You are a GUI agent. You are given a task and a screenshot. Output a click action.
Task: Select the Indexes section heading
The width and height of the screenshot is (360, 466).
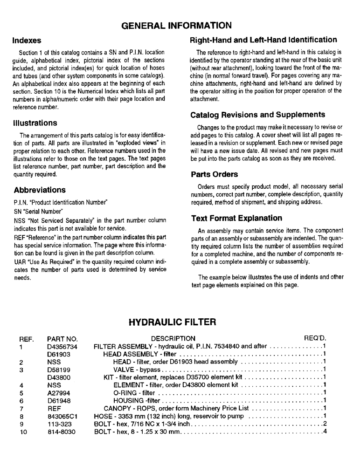pos(28,41)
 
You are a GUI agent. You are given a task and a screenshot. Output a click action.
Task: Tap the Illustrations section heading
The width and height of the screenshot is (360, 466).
pos(35,123)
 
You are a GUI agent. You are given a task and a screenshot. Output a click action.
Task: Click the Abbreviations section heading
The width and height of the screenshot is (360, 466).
pos(40,190)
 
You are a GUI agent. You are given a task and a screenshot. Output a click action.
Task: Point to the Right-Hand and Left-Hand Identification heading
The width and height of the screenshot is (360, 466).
pos(264,40)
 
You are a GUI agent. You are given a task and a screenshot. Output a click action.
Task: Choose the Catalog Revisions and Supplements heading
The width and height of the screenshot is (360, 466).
pos(258,115)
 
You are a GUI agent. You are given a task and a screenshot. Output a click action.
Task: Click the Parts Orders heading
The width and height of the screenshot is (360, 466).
pos(215,174)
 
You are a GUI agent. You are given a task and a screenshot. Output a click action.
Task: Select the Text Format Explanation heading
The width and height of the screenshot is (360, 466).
pos(236,218)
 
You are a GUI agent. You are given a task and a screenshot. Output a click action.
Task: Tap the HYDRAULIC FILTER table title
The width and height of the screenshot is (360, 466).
pos(173,322)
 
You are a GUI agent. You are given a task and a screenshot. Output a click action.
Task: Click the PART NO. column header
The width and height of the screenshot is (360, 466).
pos(62,338)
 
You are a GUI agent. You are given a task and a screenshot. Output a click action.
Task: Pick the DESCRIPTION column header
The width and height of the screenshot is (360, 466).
pos(173,338)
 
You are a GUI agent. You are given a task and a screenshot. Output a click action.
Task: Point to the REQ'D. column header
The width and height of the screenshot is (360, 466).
pos(315,338)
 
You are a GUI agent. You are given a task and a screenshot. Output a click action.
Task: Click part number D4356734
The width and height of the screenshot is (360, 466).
pos(62,346)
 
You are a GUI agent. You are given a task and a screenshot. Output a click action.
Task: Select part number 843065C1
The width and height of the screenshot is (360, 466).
pos(62,416)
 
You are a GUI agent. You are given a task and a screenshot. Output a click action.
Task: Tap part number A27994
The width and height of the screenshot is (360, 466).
pos(58,393)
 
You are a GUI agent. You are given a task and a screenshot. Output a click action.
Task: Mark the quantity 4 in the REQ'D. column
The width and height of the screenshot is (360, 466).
pos(325,432)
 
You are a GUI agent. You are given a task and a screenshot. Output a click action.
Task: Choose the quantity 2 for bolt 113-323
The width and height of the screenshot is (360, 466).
pos(325,424)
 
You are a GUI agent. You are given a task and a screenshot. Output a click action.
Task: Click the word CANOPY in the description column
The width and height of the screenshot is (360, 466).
pos(118,408)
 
